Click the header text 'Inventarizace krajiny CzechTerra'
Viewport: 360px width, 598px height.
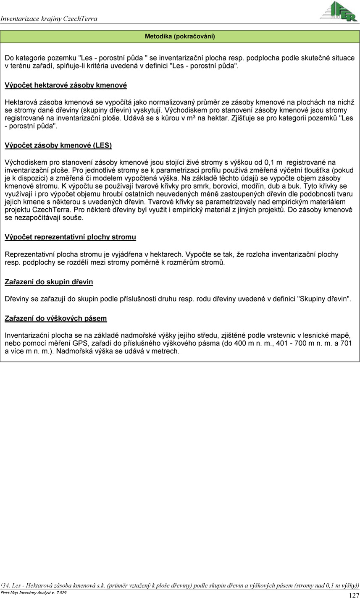coord(49,18)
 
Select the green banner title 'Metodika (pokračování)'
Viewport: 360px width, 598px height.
coord(180,37)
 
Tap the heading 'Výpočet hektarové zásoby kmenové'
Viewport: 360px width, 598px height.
coord(66,85)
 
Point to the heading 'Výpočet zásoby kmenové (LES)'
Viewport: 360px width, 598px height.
coord(58,146)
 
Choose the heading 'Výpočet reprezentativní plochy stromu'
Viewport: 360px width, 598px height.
coord(70,237)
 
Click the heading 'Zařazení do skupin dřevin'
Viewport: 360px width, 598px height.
coord(49,282)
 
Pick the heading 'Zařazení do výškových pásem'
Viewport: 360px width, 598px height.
coord(55,318)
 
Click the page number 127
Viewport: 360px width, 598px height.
coord(354,595)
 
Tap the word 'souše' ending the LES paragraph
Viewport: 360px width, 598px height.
coord(74,218)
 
